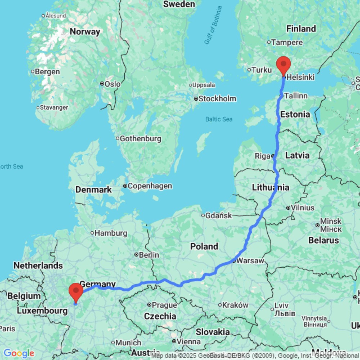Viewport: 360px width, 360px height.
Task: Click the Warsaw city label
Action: tap(251, 261)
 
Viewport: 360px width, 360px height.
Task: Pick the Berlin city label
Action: tap(149, 255)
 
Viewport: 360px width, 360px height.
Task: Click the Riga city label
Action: tap(262, 156)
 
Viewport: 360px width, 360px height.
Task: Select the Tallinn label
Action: tap(296, 96)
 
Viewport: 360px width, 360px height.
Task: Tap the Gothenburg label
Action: tap(140, 139)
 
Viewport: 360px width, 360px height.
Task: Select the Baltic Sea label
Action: tap(219, 119)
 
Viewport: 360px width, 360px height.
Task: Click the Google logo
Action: tap(19, 354)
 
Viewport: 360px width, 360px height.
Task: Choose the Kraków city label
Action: tap(236, 305)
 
